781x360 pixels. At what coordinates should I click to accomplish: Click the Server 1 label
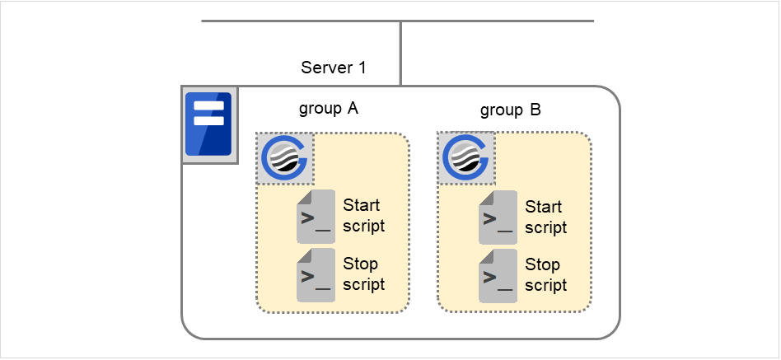pos(333,68)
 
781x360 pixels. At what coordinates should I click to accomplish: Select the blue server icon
pos(208,124)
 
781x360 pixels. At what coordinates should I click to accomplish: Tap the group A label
pos(328,108)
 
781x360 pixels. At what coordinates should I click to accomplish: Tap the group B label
pos(510,110)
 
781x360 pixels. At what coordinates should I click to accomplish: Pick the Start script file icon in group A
pos(316,216)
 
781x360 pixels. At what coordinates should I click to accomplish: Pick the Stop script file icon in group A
pos(316,275)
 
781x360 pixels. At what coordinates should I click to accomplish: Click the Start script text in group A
pos(363,215)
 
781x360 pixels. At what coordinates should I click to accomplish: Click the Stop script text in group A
pos(363,274)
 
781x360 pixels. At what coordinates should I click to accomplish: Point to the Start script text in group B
pos(545,217)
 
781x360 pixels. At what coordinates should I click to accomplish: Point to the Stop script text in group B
pos(545,275)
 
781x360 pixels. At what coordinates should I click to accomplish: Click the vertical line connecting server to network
pos(400,53)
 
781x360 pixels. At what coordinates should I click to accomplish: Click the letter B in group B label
pos(535,110)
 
